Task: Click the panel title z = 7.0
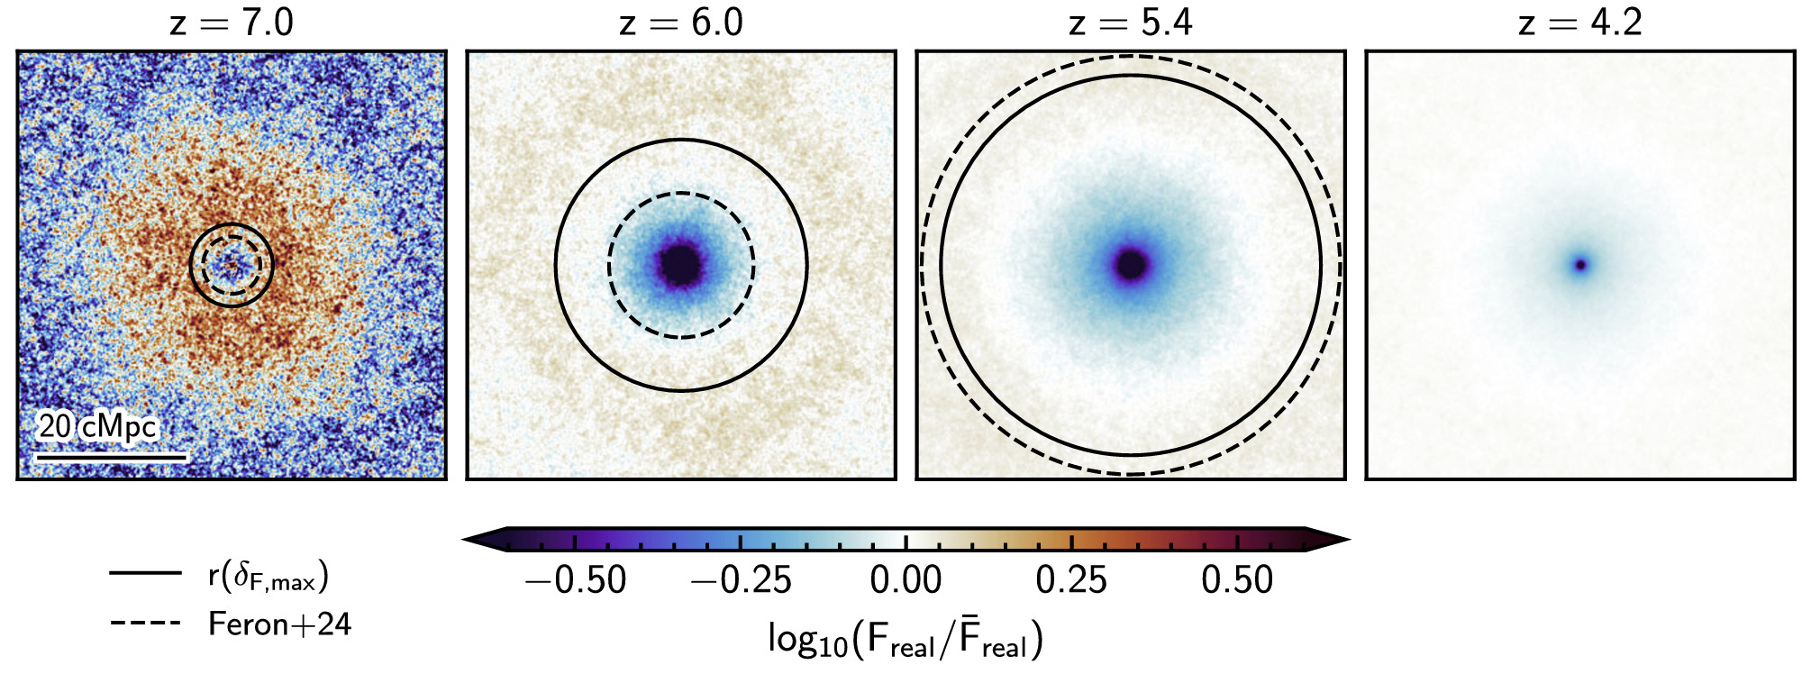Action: [x=232, y=22]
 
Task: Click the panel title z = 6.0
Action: [x=681, y=22]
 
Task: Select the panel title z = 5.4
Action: [x=1131, y=22]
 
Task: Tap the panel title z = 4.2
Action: [x=1580, y=22]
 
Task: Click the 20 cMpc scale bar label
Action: [x=97, y=426]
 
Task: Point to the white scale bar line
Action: [x=111, y=457]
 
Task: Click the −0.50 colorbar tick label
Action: [x=575, y=580]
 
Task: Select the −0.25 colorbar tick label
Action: [x=741, y=580]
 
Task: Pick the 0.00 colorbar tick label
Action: [x=906, y=580]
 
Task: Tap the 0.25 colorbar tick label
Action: [x=1071, y=580]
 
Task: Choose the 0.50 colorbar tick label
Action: [x=1237, y=580]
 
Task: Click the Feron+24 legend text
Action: [x=279, y=624]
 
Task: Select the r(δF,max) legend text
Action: [x=268, y=575]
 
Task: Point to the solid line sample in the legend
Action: [x=145, y=572]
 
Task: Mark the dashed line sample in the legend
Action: [x=145, y=623]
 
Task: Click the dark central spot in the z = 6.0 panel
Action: [x=681, y=265]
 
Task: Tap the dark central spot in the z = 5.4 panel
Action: [x=1131, y=265]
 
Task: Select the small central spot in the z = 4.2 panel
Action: [x=1579, y=265]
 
